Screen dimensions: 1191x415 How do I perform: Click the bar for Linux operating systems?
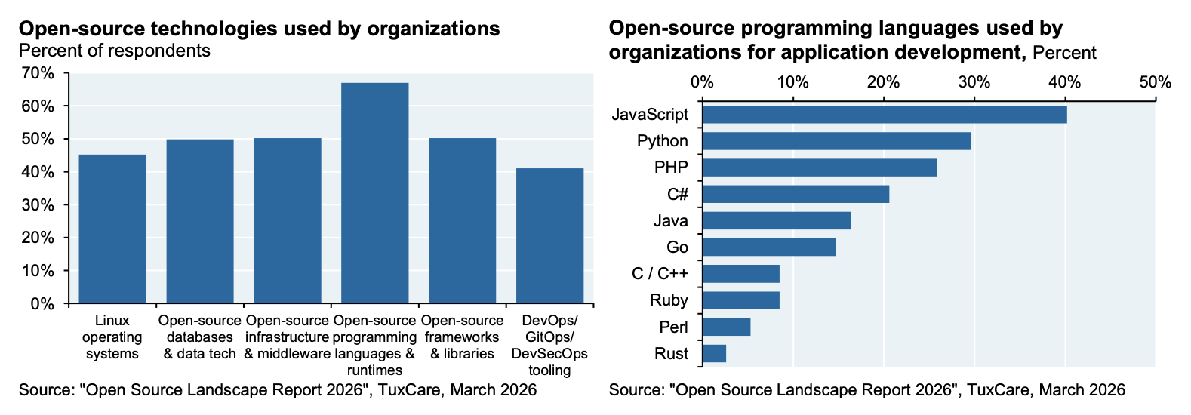pos(112,229)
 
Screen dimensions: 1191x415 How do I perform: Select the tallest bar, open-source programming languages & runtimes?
pos(375,193)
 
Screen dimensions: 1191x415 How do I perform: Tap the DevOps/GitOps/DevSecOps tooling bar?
pos(549,236)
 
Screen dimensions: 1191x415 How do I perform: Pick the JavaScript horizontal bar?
pos(885,114)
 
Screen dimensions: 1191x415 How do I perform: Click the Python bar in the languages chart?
pos(837,141)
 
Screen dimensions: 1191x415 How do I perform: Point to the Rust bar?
pos(715,353)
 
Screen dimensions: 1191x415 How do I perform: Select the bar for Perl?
pos(727,327)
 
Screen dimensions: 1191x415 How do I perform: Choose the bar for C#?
pos(796,194)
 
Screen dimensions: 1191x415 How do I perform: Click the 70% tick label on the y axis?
pos(38,72)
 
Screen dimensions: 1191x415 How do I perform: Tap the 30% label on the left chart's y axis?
pos(38,205)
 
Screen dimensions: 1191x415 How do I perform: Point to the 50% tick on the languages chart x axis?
pos(1156,81)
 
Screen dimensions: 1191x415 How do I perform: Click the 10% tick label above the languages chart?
pos(792,81)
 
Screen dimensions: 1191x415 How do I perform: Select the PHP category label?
pos(671,168)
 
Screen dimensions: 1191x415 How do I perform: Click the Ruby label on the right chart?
pos(669,300)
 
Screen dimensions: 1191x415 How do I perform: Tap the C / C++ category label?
pos(660,274)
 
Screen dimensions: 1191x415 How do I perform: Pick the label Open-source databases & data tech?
pos(200,337)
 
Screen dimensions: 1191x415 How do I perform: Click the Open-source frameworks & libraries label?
pos(462,337)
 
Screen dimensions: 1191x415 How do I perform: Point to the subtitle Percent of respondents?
pos(114,51)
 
